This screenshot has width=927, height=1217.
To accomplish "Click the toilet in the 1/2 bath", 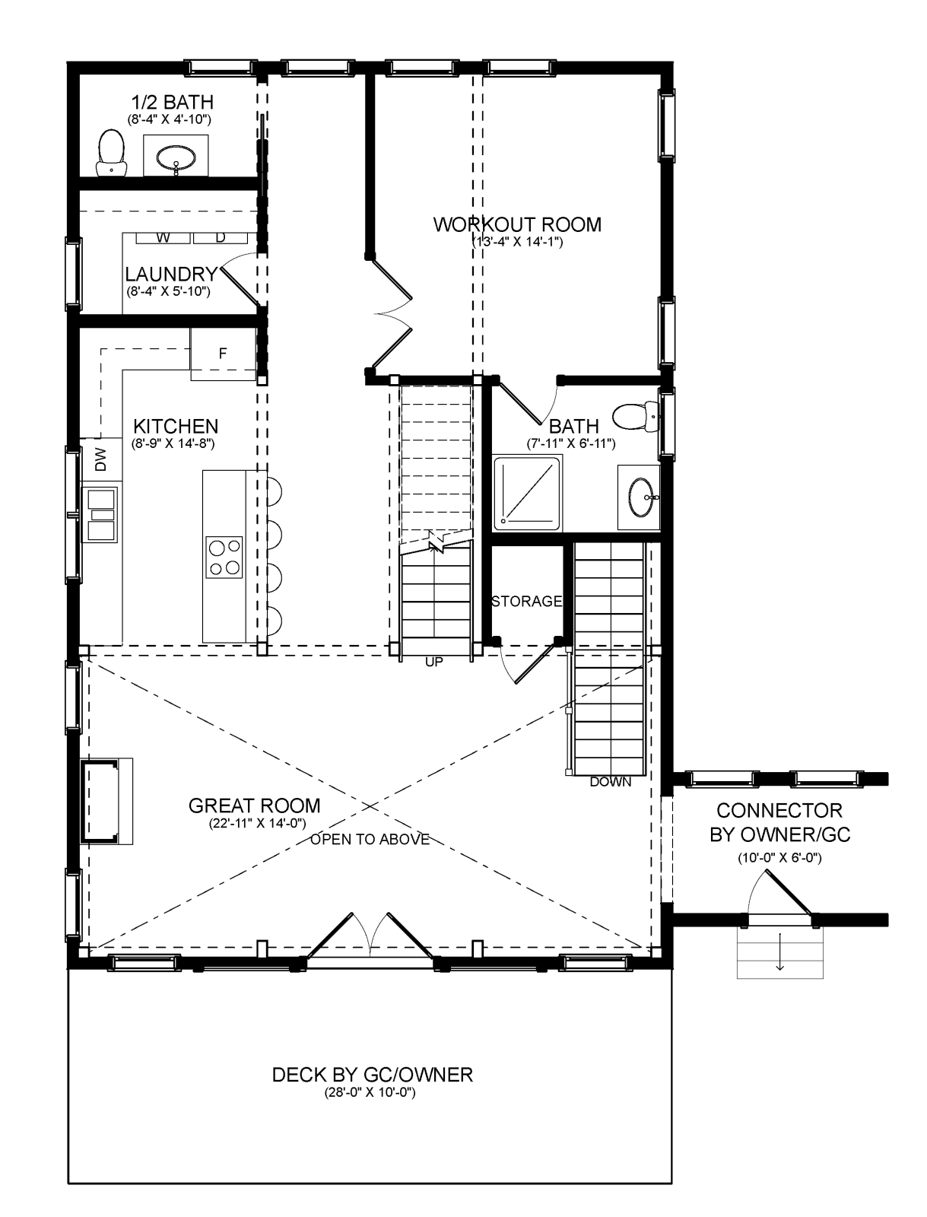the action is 111,153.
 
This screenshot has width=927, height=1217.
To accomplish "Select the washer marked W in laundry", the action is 163,238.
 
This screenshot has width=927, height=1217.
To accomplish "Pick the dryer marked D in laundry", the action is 221,238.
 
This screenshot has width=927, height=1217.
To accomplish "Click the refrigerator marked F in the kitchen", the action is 224,354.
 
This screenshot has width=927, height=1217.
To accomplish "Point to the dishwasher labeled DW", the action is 101,459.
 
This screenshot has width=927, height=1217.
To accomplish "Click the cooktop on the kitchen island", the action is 224,558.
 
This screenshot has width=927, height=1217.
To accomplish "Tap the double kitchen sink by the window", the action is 100,514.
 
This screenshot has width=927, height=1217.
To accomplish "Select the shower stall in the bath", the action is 527,491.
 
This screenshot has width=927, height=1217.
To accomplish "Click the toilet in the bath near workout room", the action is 636,418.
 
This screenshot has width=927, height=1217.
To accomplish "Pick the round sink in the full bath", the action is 640,497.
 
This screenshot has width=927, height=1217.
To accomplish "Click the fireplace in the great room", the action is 106,801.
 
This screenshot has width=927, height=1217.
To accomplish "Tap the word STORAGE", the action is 527,601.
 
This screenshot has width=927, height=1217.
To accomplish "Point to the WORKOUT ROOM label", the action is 517,224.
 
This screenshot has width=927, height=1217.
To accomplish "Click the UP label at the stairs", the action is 434,662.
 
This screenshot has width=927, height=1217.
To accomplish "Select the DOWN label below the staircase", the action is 611,783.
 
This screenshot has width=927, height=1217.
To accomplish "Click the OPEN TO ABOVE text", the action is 370,840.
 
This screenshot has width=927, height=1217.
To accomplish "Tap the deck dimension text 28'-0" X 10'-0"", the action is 370,1093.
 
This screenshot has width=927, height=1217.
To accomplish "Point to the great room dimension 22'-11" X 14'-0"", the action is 258,823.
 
